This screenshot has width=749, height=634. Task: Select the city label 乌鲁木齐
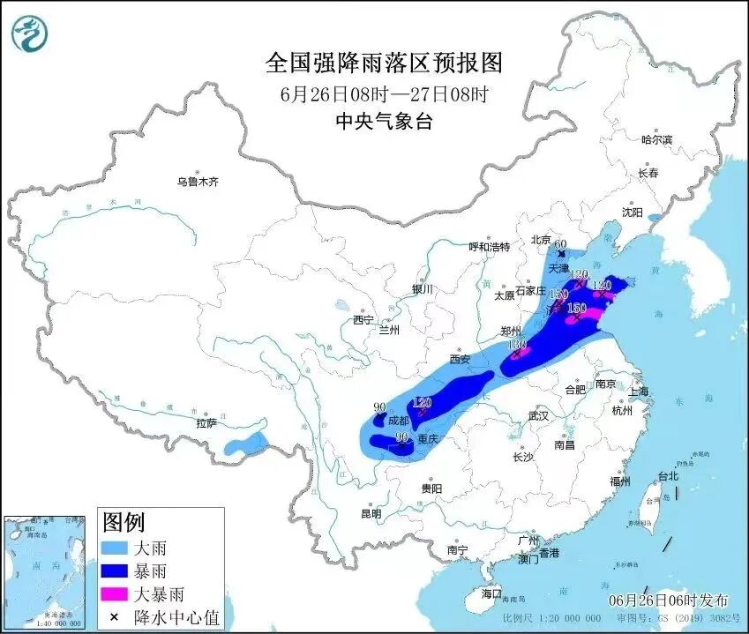pos(197,182)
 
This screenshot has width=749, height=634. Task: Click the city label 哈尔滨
pos(656,140)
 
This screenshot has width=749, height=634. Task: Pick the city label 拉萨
pos(206,423)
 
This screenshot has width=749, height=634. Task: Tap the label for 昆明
pos(371,513)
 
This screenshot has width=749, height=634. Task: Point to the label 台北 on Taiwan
pos(669,476)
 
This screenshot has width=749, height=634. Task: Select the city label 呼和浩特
pos(490,247)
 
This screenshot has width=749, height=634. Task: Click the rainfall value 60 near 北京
pos(559,245)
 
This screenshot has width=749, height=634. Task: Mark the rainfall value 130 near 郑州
pos(516,344)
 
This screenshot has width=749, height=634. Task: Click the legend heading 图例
pos(124,522)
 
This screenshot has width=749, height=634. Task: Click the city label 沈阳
pos(633,213)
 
